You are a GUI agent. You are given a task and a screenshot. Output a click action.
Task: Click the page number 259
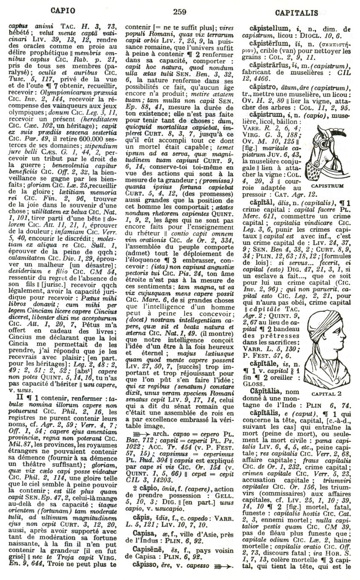pos(180,11)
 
